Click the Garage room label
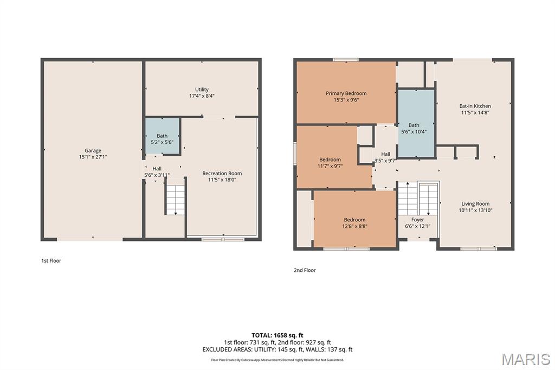point(93,150)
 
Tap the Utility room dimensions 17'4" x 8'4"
point(202,95)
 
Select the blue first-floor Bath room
point(162,136)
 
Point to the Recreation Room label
point(222,173)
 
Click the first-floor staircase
point(176,196)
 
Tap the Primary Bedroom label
point(346,93)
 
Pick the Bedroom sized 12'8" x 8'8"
point(354,219)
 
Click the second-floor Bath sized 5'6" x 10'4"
point(416,123)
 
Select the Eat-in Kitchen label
point(475,106)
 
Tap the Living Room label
point(475,204)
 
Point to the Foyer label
point(418,220)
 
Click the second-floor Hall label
point(386,154)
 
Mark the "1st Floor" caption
point(51,260)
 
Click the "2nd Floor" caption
point(305,270)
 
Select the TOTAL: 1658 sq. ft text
point(277,335)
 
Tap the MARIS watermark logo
point(526,359)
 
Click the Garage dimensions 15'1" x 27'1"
point(93,157)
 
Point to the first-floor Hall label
point(157,169)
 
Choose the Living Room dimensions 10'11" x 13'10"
point(475,210)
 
